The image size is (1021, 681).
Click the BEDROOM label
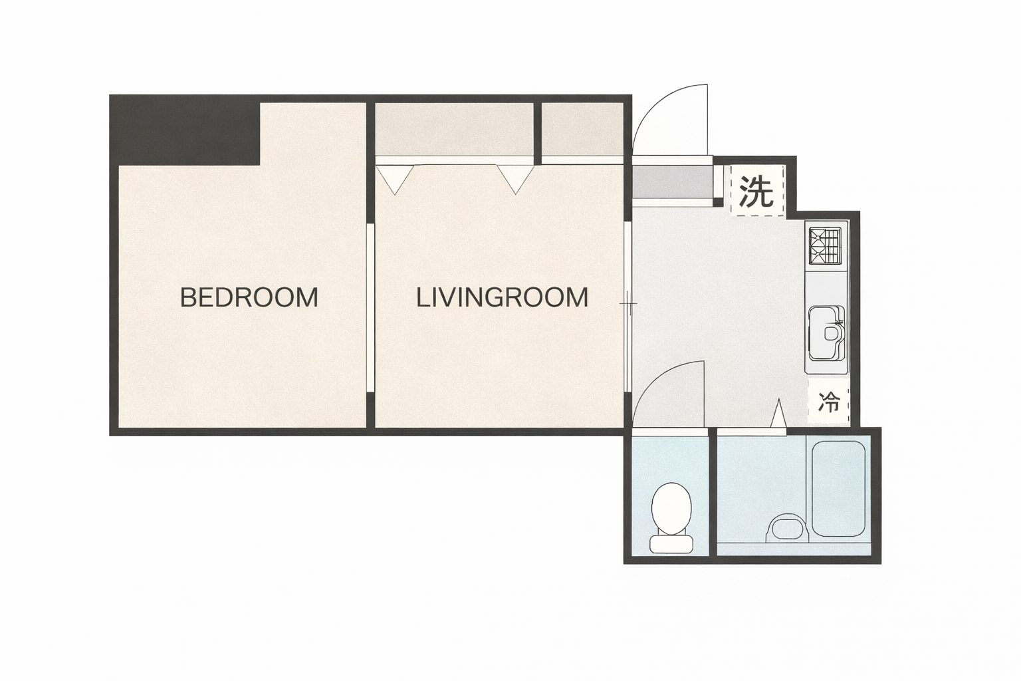[249, 297]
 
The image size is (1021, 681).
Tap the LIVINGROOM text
[503, 297]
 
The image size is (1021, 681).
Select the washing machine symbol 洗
[756, 190]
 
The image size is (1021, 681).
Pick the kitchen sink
[826, 333]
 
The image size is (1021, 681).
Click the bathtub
[838, 489]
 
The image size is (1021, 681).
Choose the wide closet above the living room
[454, 129]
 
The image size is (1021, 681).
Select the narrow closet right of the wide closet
[582, 129]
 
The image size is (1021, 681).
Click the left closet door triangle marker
[395, 180]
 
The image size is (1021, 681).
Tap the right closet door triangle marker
[516, 180]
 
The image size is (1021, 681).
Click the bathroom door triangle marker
[778, 413]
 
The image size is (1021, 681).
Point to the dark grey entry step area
[672, 181]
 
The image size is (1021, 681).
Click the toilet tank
[671, 544]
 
